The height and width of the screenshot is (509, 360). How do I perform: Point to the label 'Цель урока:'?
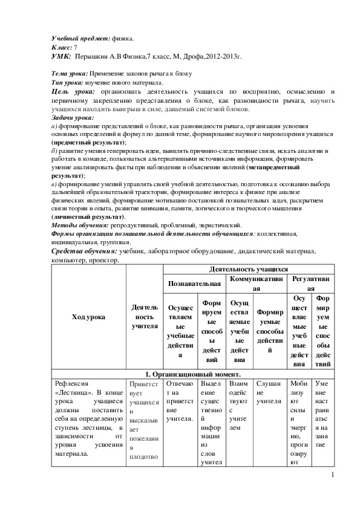75,91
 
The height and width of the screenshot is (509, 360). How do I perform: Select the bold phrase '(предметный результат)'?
84,141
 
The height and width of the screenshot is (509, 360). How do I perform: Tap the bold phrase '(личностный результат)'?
88,216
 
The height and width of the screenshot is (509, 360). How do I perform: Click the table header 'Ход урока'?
88,316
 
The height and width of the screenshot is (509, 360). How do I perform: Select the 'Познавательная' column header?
194,282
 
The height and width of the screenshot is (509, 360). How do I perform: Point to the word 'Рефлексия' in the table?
71,383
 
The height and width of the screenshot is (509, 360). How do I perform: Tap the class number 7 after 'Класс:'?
75,47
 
